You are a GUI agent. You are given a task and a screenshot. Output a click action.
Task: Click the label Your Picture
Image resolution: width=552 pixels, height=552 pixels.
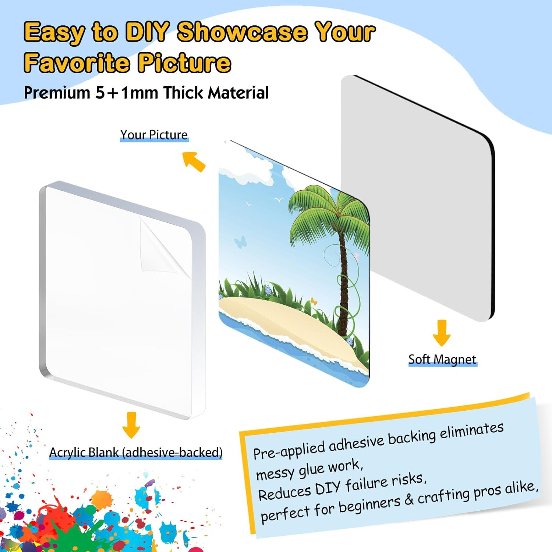(154, 135)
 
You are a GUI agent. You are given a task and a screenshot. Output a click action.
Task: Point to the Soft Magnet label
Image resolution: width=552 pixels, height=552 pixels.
(442, 359)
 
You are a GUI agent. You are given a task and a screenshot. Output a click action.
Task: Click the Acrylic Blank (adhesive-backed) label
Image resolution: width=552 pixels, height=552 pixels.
(136, 452)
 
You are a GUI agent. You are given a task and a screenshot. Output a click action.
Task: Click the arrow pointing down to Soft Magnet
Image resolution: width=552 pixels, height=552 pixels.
(442, 333)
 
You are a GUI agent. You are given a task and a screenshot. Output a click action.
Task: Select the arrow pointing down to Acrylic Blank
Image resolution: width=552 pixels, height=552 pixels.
(131, 425)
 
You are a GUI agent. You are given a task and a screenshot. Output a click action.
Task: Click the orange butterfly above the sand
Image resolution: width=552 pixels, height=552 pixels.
(314, 301)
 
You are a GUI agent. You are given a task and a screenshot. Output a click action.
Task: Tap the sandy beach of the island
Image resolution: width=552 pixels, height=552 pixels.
(287, 324)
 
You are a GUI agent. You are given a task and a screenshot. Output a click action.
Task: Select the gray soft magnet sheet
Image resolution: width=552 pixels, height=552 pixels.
(418, 199)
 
